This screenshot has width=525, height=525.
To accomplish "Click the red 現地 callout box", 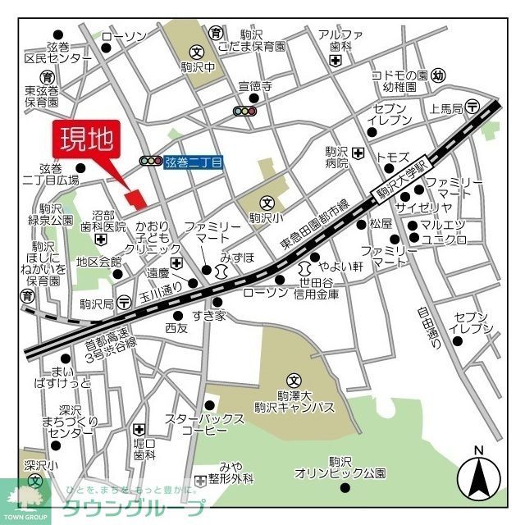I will pyautogui.click(x=86, y=140).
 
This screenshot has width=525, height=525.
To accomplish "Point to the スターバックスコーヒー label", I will pyautogui.click(x=204, y=424).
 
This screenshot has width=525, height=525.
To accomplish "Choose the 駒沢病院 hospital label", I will pyautogui.click(x=336, y=157).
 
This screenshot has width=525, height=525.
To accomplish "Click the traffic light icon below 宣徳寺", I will pyautogui.click(x=245, y=111).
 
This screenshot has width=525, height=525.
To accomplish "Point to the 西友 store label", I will pyautogui.click(x=176, y=328).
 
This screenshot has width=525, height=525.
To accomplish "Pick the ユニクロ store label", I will pyautogui.click(x=443, y=239).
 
